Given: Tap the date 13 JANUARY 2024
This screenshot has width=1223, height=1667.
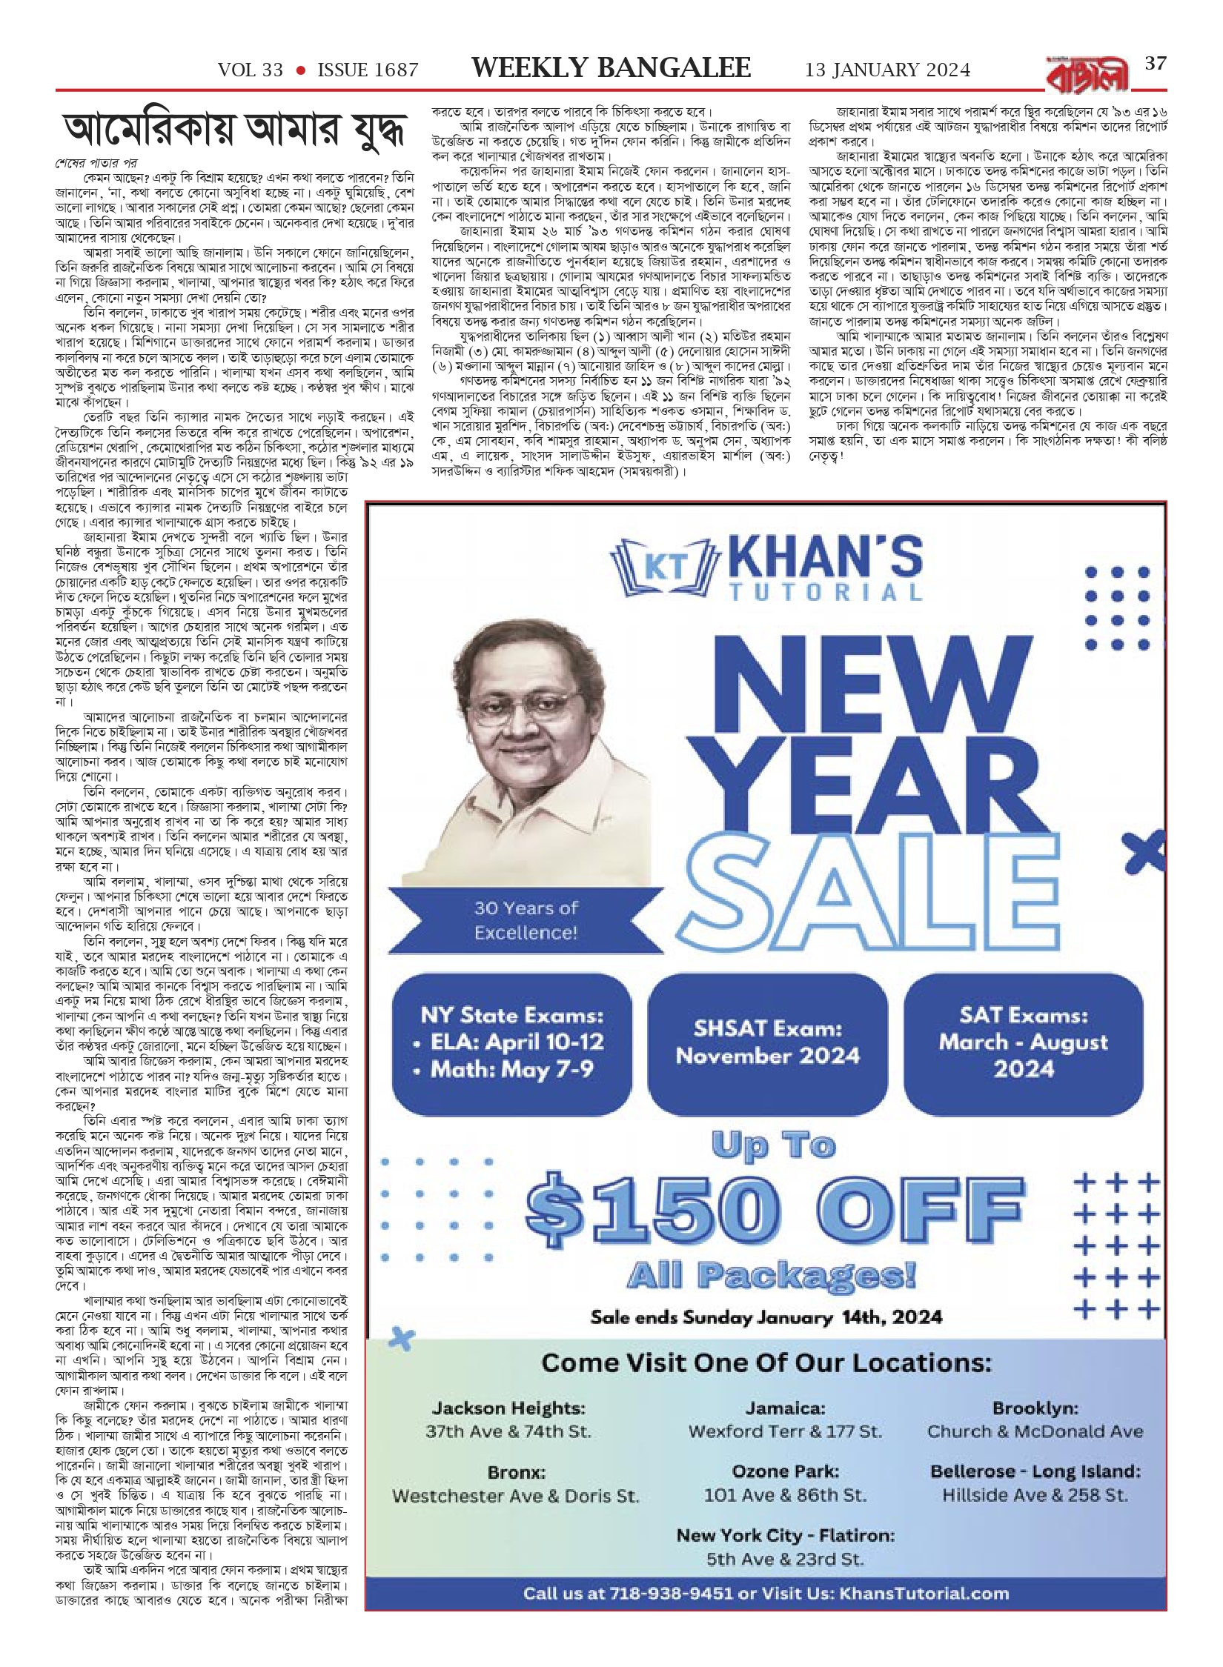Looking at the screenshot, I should [x=887, y=70].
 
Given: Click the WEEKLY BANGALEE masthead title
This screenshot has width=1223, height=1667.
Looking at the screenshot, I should [x=611, y=68].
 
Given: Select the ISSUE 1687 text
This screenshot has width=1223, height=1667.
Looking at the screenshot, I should [x=368, y=70].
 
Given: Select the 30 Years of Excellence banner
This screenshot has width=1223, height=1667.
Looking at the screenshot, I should [x=526, y=919].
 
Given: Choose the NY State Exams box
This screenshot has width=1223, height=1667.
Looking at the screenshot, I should [x=512, y=1042].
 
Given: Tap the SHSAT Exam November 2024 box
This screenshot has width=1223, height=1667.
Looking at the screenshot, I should [x=767, y=1042].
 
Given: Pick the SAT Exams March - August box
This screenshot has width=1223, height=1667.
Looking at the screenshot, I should [x=1023, y=1042].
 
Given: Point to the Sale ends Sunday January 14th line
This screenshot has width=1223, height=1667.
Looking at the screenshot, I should [x=766, y=1317].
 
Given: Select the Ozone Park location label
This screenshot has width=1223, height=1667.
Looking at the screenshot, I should [x=785, y=1471].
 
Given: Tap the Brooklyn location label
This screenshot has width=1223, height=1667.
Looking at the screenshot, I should [x=1035, y=1408].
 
